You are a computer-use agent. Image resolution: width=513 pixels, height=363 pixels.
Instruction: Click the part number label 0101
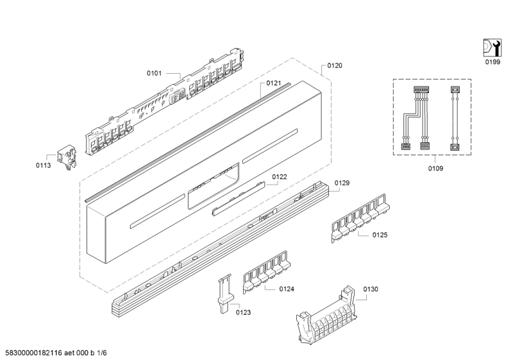point(155,74)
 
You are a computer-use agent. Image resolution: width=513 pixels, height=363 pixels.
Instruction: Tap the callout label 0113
point(44,165)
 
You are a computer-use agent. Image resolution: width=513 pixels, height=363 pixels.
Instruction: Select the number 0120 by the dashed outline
point(335,65)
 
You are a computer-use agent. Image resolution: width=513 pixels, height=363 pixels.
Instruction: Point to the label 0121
point(274,83)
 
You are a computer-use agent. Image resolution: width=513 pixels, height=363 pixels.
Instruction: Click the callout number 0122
point(279,176)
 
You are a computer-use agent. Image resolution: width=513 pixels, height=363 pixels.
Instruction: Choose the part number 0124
point(287,289)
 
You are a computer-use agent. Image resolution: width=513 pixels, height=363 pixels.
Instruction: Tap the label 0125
point(380,235)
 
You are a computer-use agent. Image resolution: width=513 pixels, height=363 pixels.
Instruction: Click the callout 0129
point(360,183)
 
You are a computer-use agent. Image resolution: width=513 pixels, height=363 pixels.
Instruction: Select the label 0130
point(371,289)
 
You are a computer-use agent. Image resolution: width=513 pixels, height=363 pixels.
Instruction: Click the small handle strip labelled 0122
point(238,198)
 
